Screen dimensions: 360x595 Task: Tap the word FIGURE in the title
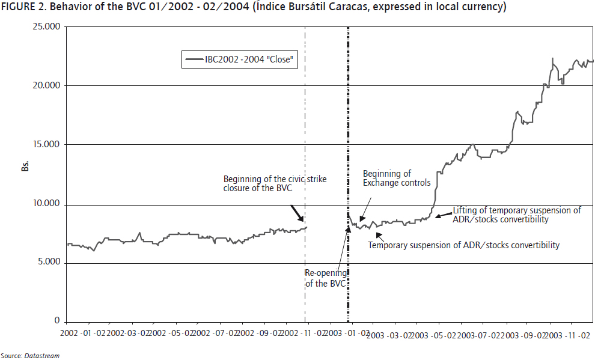tap(17, 7)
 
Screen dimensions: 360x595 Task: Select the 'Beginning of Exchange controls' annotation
tap(396, 178)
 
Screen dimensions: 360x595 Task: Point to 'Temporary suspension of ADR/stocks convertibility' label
tap(463, 245)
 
